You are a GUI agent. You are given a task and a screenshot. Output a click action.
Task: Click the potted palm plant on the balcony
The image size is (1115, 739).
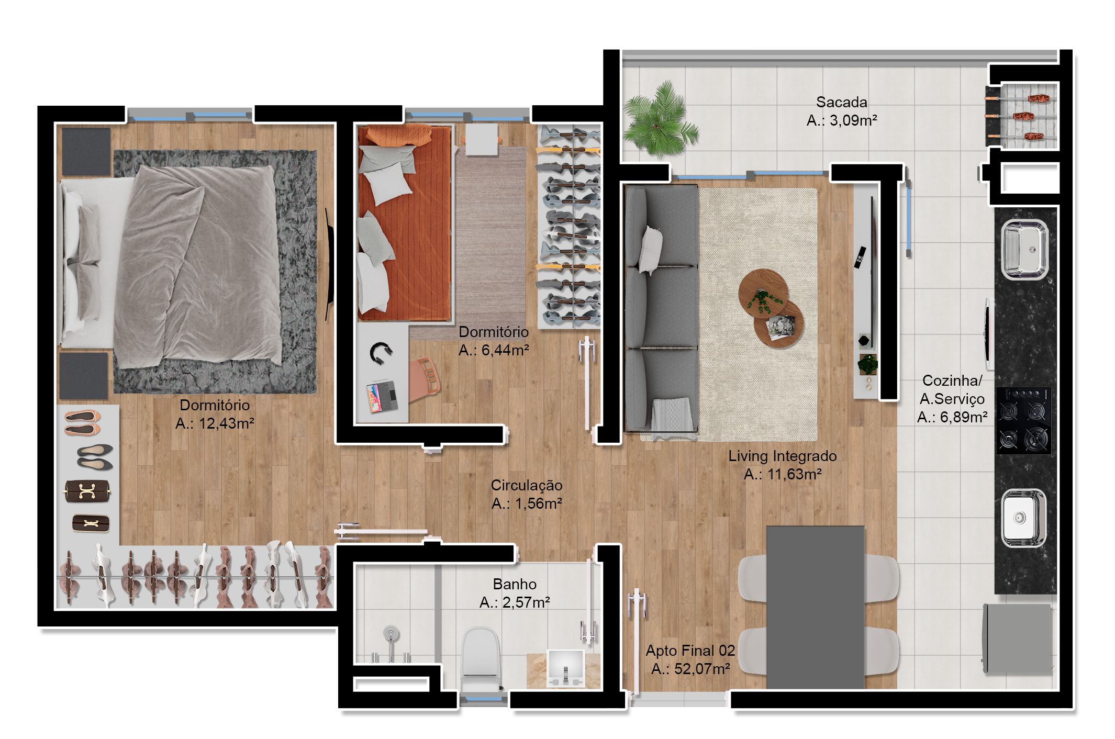tap(660, 119)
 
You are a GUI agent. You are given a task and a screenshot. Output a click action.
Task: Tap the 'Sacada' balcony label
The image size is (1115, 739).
tap(841, 102)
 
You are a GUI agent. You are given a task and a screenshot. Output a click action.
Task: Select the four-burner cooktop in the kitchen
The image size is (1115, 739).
tap(1023, 420)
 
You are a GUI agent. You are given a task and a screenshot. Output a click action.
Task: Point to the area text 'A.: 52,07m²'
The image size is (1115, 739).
tap(690, 669)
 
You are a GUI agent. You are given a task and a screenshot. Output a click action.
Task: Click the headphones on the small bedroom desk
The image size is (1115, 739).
tap(381, 353)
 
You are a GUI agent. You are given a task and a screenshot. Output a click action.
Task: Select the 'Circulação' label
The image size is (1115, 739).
tap(527, 485)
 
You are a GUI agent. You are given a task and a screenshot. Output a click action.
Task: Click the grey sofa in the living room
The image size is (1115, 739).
tap(661, 309)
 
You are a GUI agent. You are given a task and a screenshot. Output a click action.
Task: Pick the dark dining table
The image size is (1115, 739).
tap(815, 607)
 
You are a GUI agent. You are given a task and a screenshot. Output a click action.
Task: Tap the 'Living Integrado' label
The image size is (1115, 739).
tap(783, 456)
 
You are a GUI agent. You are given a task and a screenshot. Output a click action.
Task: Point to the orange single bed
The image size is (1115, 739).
tap(404, 222)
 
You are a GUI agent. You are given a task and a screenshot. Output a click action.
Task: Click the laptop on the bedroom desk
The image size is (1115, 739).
tap(382, 397)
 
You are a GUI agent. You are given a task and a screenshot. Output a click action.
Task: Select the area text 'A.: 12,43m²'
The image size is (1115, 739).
tap(215, 423)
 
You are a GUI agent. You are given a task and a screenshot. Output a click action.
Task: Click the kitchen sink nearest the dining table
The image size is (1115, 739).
tap(1024, 518)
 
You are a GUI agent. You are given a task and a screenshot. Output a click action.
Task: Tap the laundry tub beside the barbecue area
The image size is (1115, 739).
tap(1024, 249)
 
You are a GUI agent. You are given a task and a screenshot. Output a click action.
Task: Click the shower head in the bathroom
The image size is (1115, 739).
tap(391, 635)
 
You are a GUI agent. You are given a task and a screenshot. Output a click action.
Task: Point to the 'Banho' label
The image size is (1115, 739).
tap(515, 584)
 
